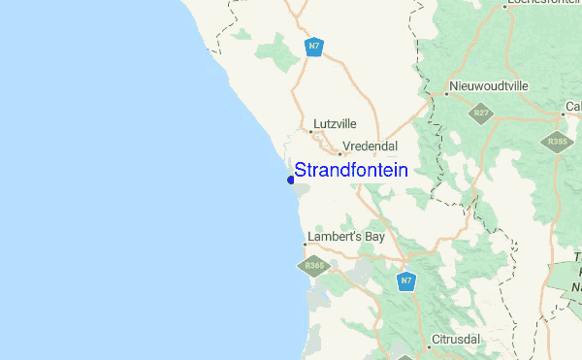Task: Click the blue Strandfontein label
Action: click(x=350, y=170)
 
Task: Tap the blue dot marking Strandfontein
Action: click(x=291, y=180)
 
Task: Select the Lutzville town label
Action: click(x=335, y=124)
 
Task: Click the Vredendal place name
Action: click(x=372, y=146)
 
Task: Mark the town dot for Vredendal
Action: click(x=340, y=152)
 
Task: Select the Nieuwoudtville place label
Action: click(x=490, y=86)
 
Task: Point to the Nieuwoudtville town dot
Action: click(x=446, y=94)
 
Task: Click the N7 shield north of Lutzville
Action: click(x=313, y=47)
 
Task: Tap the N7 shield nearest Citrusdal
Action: click(x=407, y=280)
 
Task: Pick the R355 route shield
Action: click(x=556, y=141)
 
